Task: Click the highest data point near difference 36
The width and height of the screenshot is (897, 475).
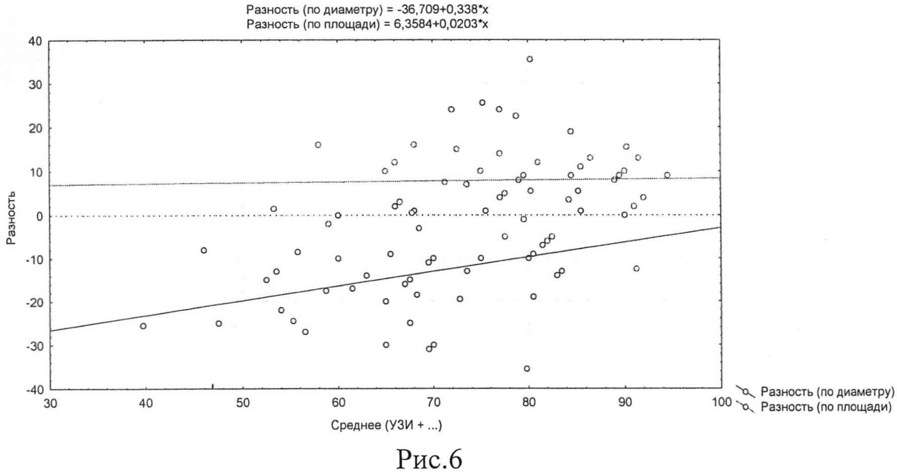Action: (530, 59)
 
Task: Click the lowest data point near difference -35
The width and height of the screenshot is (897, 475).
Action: (527, 369)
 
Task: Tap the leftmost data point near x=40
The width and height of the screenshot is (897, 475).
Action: (143, 326)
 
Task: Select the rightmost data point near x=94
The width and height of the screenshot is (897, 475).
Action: (667, 175)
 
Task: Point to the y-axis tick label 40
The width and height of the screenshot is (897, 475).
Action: (35, 41)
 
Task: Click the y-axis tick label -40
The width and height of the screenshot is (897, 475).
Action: (33, 390)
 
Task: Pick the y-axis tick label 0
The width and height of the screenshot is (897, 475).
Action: (39, 217)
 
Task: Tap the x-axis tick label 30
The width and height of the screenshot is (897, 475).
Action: (51, 403)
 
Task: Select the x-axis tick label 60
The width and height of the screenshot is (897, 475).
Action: (338, 403)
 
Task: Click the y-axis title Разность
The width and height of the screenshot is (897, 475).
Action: (11, 218)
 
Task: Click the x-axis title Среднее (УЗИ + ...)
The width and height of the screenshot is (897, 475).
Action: (386, 426)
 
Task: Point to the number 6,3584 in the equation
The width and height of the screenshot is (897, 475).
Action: (408, 24)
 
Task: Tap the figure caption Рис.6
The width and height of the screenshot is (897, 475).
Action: (429, 458)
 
